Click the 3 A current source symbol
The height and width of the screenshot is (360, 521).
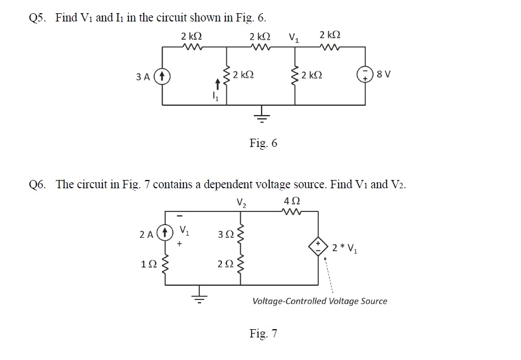[x=161, y=76]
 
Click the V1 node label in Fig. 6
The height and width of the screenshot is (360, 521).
[x=294, y=38]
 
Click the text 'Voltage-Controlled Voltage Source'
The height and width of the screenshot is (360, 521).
[x=319, y=301]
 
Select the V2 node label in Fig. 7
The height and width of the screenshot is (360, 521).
[x=241, y=201]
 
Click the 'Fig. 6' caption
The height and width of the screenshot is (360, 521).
[x=263, y=144]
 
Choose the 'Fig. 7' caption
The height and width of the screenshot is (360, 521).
[x=263, y=334]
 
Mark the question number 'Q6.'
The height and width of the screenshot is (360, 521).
[x=39, y=184]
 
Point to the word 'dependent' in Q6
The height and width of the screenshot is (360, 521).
[x=220, y=184]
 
